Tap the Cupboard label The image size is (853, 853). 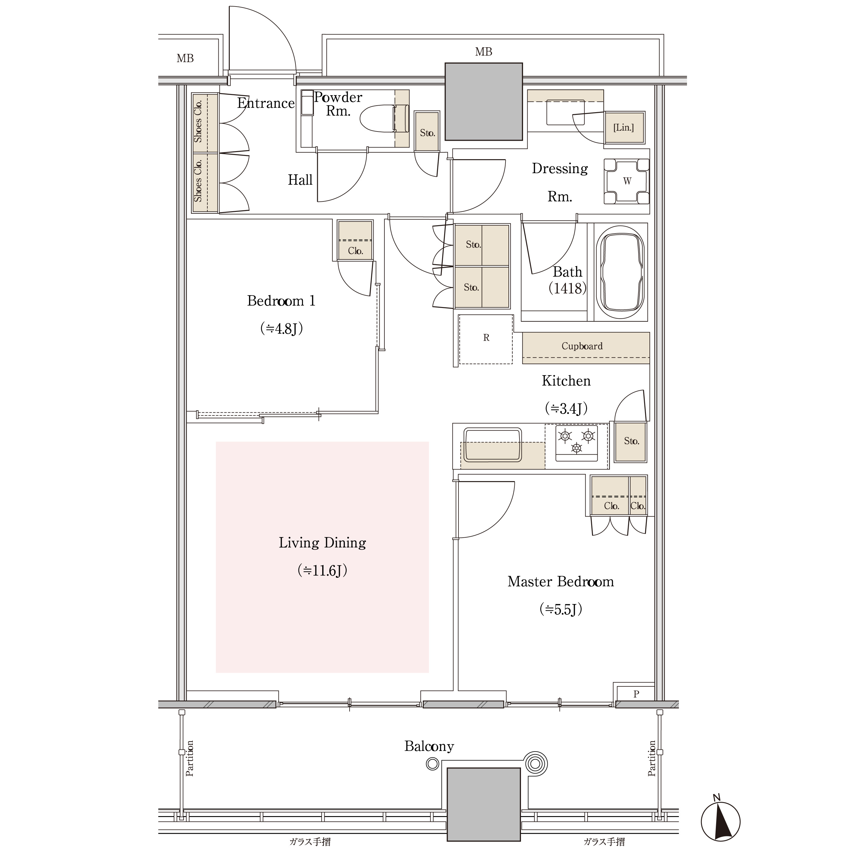tap(582, 346)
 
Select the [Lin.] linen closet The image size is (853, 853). tap(624, 128)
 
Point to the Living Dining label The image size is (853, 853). tap(322, 543)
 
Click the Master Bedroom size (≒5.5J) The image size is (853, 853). tap(561, 609)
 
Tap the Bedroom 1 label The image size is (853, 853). tap(281, 301)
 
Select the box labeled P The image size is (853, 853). tap(636, 694)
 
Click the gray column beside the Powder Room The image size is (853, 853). tap(484, 101)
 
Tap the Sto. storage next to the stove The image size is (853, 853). tap(631, 442)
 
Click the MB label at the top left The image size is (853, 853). tap(185, 58)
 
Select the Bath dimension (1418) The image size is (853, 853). tap(567, 288)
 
